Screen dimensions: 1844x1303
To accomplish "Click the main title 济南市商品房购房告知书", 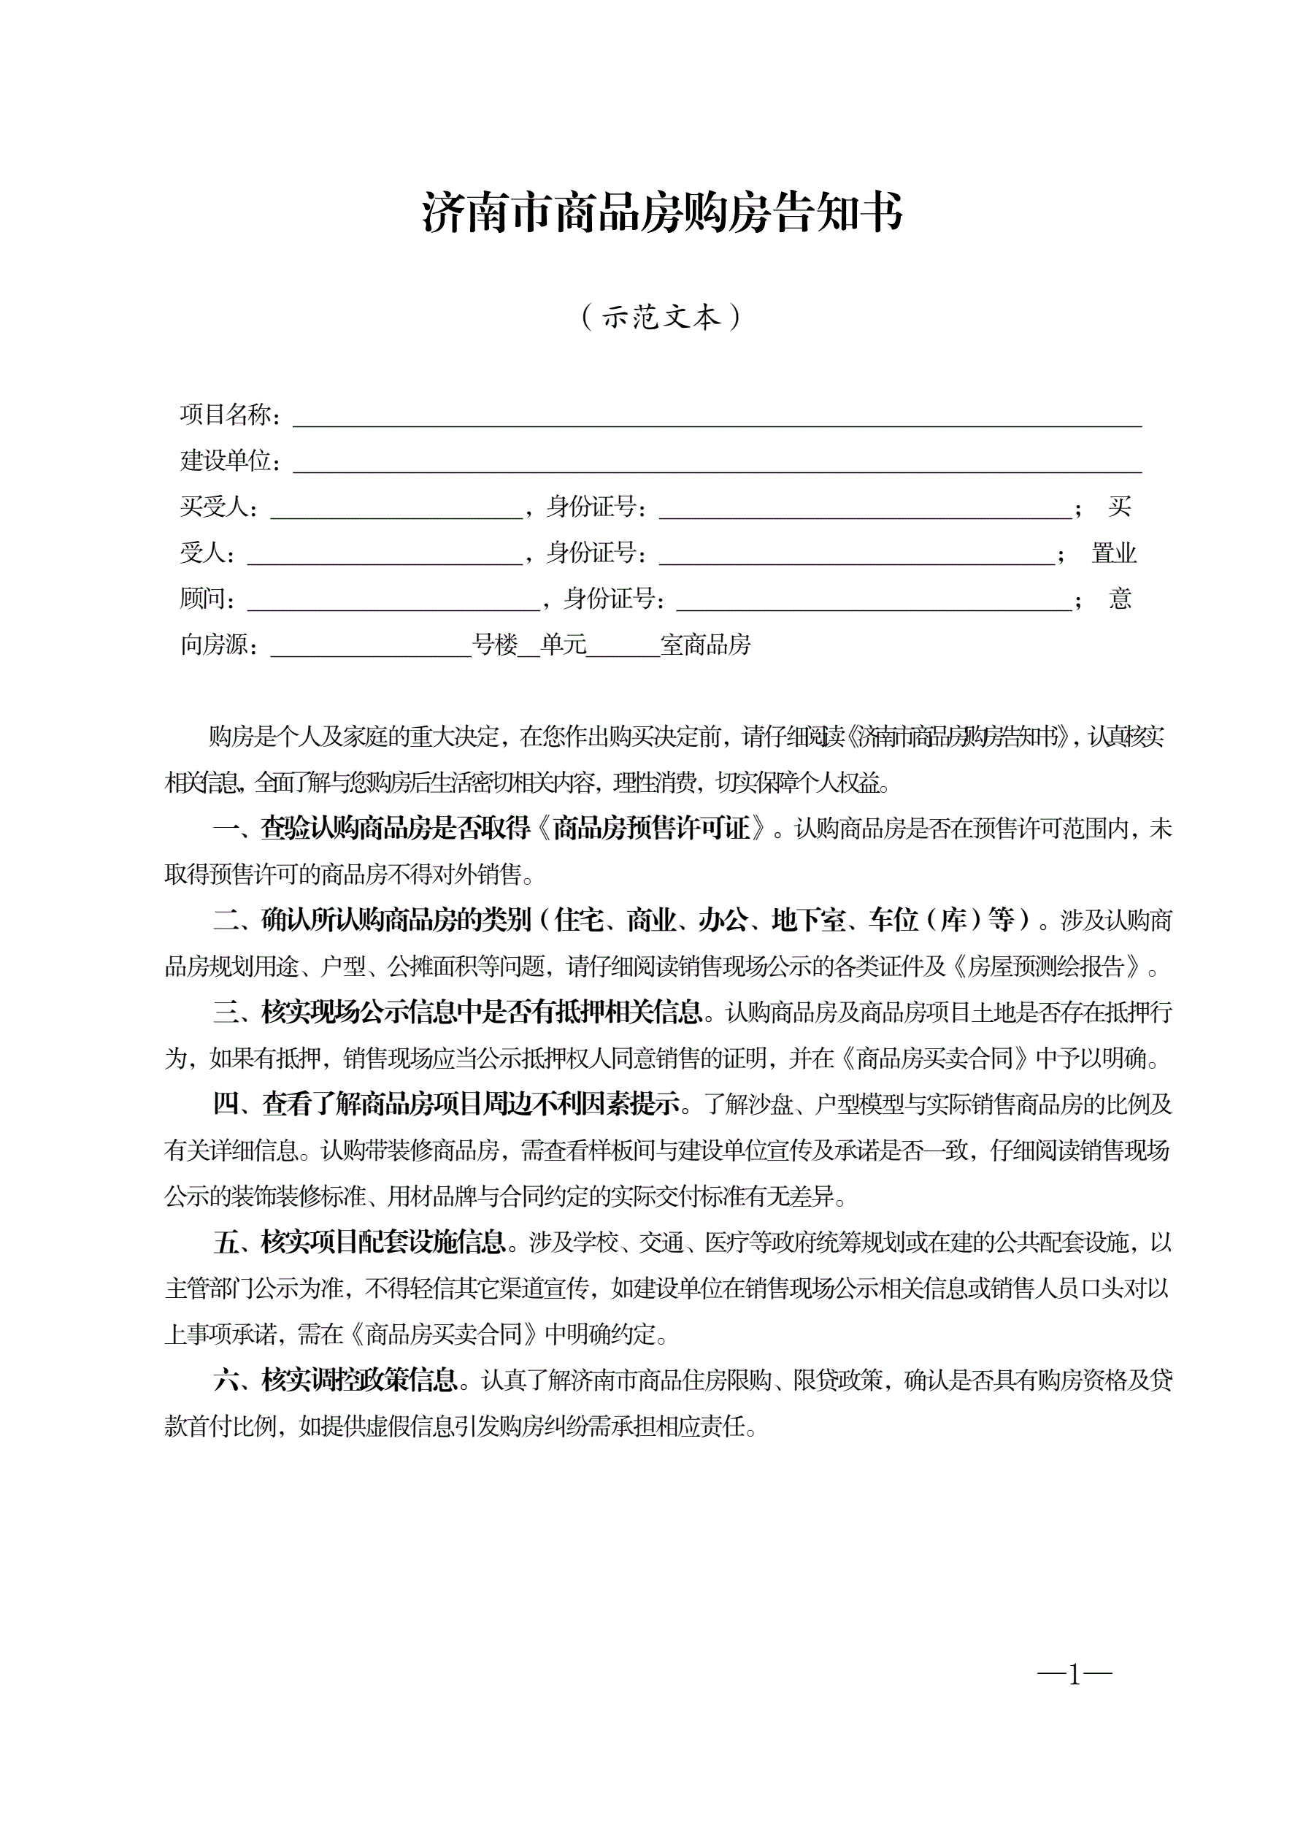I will tap(662, 214).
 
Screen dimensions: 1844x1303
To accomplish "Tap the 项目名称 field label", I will tap(229, 415).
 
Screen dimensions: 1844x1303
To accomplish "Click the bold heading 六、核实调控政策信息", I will tap(336, 1380).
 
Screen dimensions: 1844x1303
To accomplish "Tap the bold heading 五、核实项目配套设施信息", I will tap(359, 1242).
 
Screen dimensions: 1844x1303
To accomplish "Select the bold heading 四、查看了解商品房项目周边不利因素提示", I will tap(447, 1105).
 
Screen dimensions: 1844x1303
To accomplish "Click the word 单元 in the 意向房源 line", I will tap(564, 645).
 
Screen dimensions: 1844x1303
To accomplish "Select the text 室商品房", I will tap(705, 645).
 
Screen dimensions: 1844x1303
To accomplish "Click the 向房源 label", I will tap(218, 645).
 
